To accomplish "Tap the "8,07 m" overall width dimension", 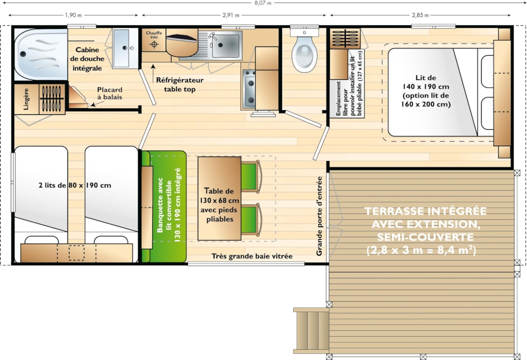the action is pyautogui.click(x=263, y=3).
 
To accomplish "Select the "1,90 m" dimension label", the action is pyautogui.click(x=73, y=15).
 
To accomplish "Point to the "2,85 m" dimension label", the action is pyautogui.click(x=420, y=15).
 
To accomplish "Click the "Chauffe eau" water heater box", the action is pyautogui.click(x=154, y=40).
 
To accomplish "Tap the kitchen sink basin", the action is pyautogui.click(x=225, y=45).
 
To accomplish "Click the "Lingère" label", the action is pyautogui.click(x=26, y=99).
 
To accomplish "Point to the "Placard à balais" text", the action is pyautogui.click(x=110, y=93).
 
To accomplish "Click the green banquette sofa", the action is pyautogui.click(x=164, y=207).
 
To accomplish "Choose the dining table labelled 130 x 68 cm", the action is pyautogui.click(x=219, y=198).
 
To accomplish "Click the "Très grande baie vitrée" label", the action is pyautogui.click(x=252, y=256).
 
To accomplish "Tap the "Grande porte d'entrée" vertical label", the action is pyautogui.click(x=319, y=216).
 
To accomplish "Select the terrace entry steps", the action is pyautogui.click(x=311, y=331).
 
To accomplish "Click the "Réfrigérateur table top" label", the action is pyautogui.click(x=180, y=84).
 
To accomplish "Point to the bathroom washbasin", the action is pyautogui.click(x=126, y=48).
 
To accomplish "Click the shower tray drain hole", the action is pyautogui.click(x=23, y=54).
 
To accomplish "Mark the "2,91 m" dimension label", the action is pyautogui.click(x=231, y=15).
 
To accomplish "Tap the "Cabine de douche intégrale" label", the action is pyautogui.click(x=87, y=59).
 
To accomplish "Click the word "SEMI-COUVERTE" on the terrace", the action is pyautogui.click(x=425, y=237).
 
